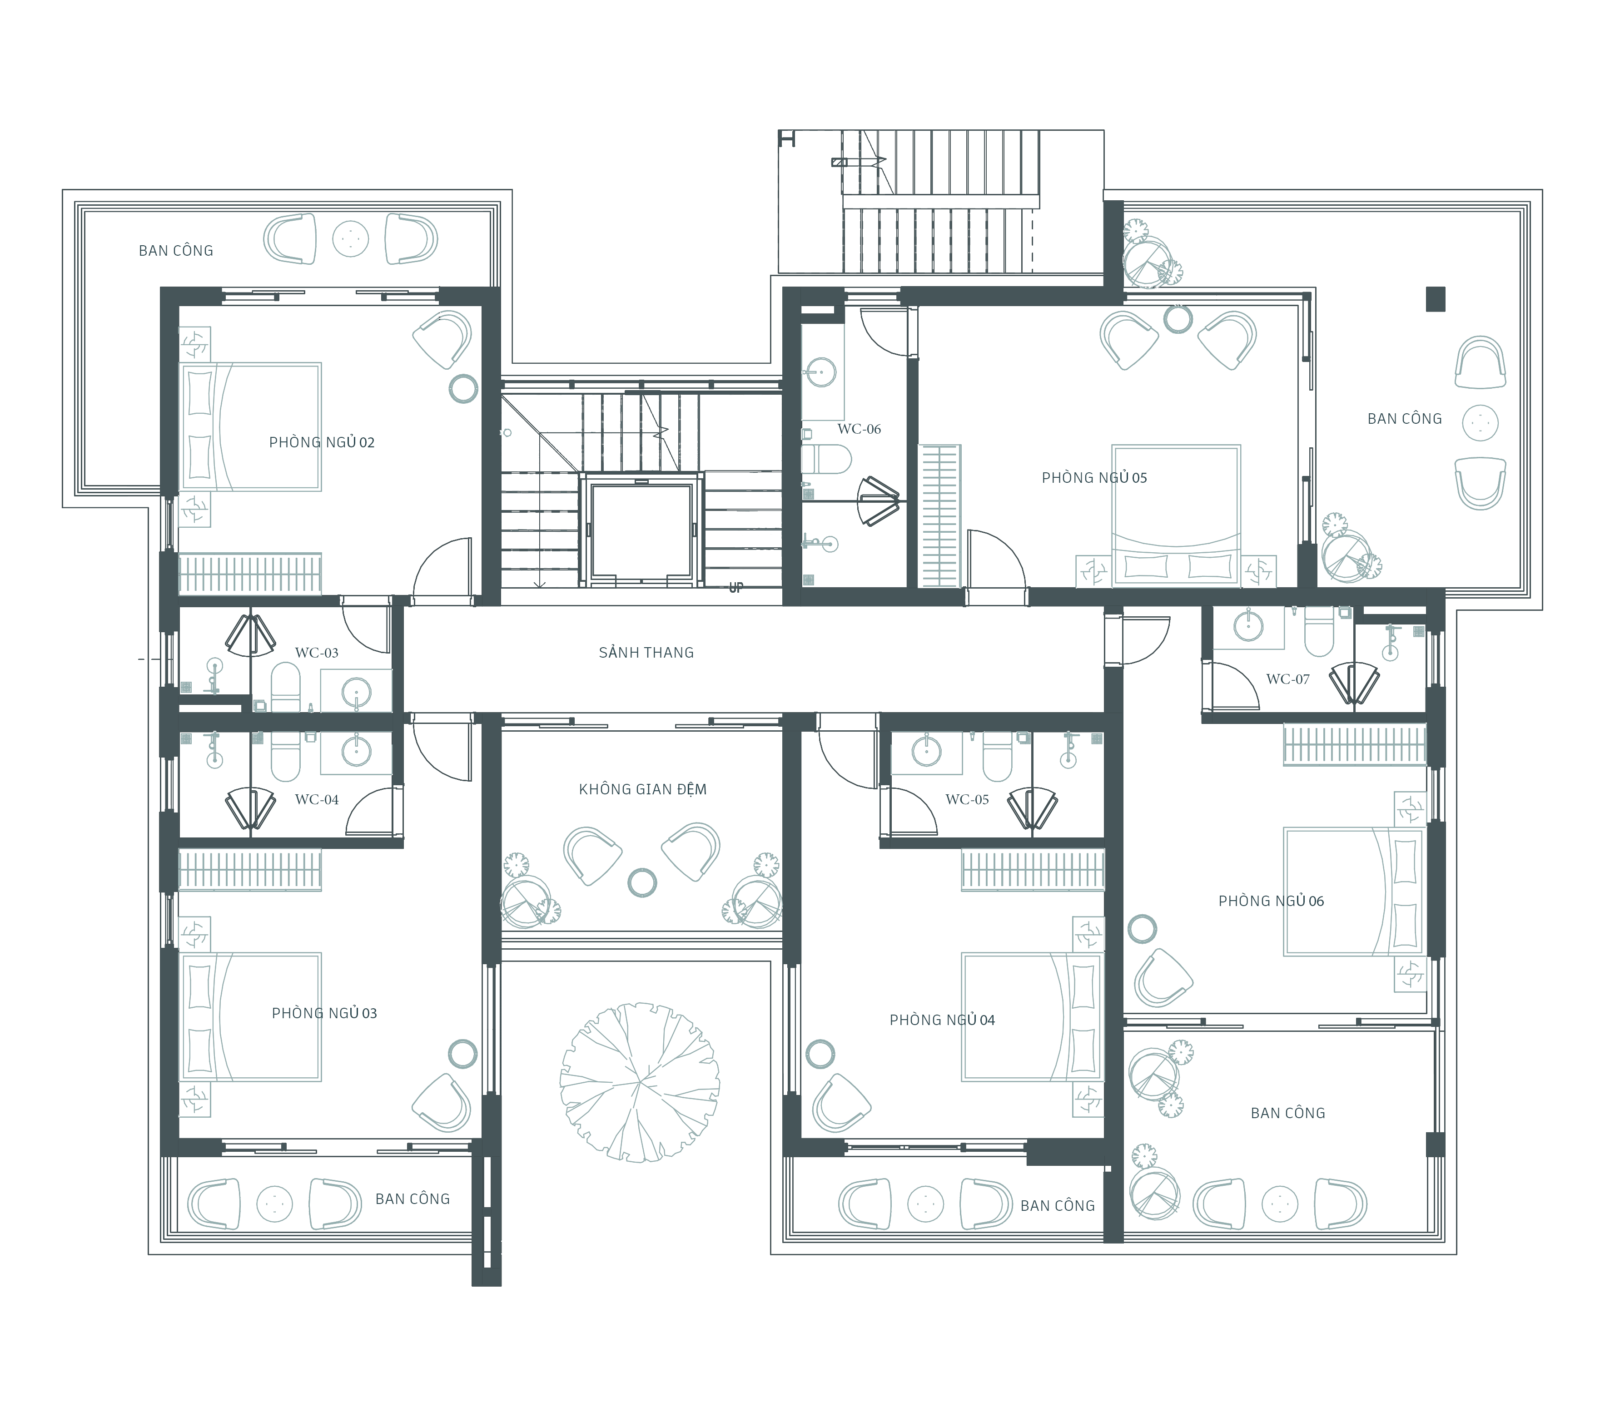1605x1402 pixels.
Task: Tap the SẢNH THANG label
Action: [646, 653]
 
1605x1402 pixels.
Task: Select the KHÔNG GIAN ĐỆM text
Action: [642, 789]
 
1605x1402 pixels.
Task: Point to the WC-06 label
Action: [859, 429]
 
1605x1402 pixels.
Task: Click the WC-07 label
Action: [1288, 679]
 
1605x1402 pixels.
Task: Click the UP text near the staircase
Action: [735, 588]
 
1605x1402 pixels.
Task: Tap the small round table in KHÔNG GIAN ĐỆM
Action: [642, 882]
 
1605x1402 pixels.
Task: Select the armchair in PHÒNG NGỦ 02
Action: [442, 339]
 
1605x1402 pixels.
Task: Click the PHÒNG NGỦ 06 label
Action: [1271, 901]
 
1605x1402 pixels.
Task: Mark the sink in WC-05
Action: [927, 751]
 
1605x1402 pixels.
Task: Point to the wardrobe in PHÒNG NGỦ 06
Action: [1354, 744]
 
